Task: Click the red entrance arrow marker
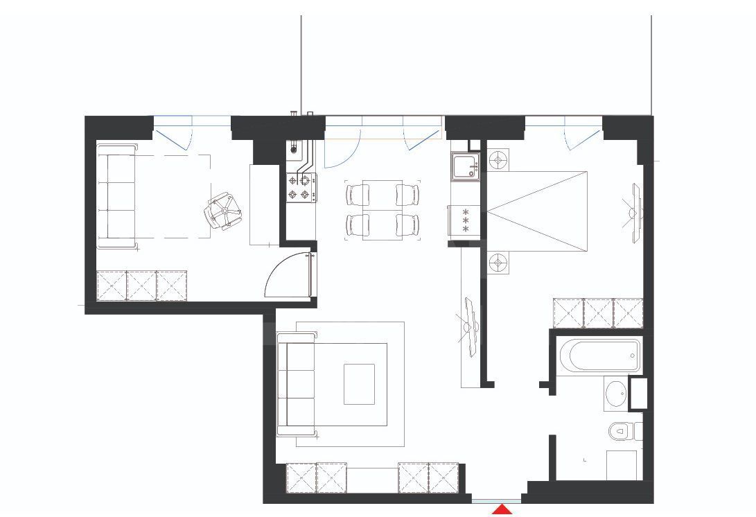click(502, 510)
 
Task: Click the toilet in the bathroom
click(622, 432)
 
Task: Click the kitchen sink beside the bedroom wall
click(464, 167)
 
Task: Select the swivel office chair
click(222, 210)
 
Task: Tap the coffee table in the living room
click(359, 384)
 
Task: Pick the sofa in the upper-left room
click(115, 195)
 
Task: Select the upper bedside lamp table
click(498, 161)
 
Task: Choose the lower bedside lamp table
click(498, 263)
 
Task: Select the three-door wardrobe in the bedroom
click(598, 313)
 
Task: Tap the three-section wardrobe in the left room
click(141, 286)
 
